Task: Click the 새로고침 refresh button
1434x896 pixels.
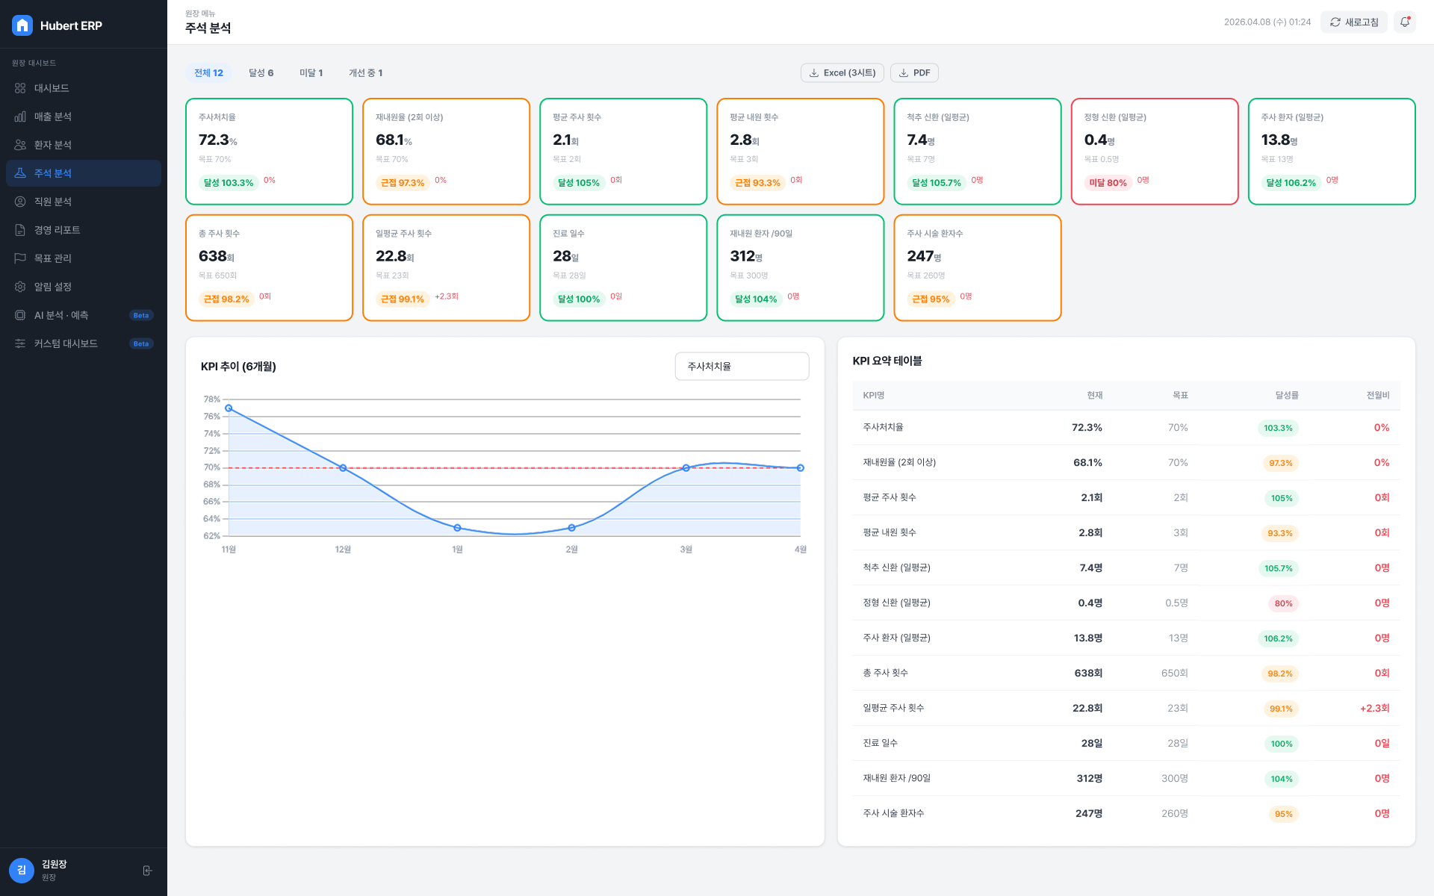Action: click(x=1353, y=22)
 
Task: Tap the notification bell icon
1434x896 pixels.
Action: click(x=1405, y=22)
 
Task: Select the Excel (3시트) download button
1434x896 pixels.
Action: click(x=842, y=73)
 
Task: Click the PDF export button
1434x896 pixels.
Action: click(x=914, y=73)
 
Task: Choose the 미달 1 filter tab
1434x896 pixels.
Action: click(x=311, y=73)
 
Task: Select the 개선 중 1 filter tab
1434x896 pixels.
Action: click(x=365, y=73)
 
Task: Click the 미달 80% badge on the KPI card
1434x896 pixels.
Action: click(x=1108, y=183)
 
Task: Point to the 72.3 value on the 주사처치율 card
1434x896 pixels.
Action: click(x=214, y=140)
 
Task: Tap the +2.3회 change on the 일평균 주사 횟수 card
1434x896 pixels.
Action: click(x=447, y=296)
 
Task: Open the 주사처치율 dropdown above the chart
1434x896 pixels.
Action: click(x=742, y=367)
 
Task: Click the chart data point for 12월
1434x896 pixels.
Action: click(x=343, y=468)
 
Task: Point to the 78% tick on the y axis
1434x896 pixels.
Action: click(x=212, y=399)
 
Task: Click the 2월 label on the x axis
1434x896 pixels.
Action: click(x=571, y=550)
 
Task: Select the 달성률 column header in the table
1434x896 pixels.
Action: click(x=1287, y=396)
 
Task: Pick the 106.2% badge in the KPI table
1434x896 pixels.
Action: click(x=1278, y=638)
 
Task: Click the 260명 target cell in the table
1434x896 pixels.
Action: click(x=1175, y=814)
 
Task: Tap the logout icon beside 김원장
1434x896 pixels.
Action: click(x=147, y=871)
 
